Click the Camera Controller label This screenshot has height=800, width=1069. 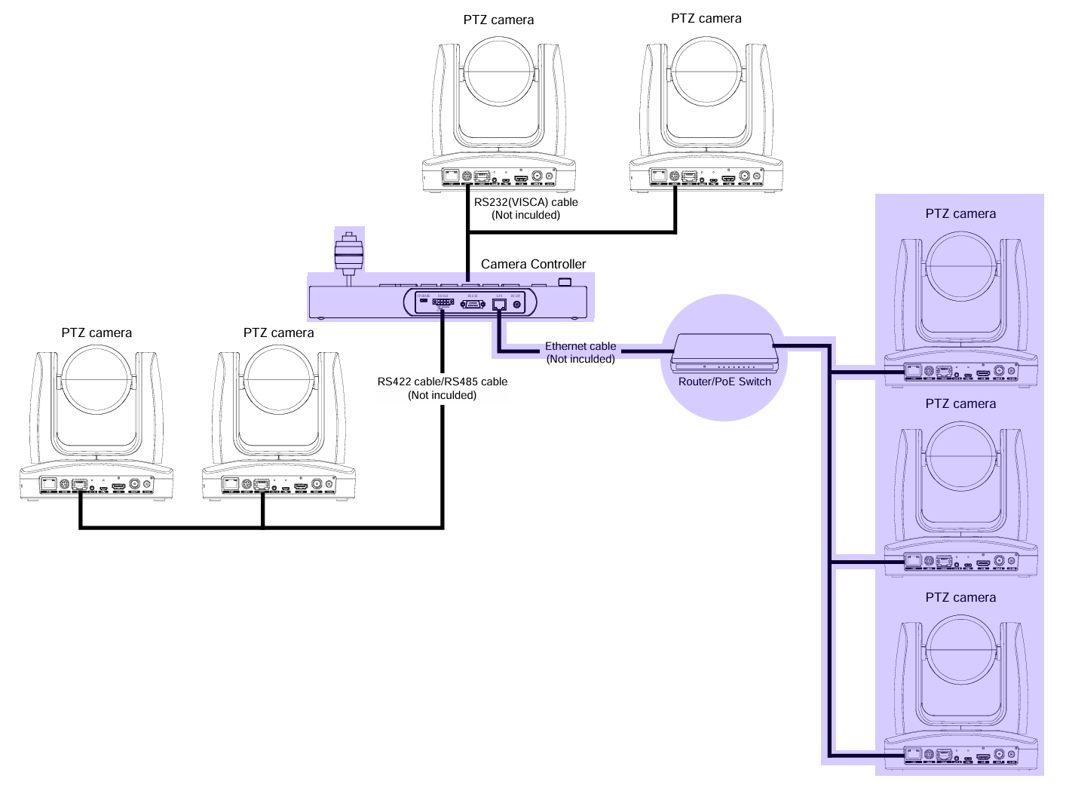533,264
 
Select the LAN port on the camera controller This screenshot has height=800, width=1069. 499,304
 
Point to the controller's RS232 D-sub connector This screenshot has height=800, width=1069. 473,304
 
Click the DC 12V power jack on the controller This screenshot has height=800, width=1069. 516,304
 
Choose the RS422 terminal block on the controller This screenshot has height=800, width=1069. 443,303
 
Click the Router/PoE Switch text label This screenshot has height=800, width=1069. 724,382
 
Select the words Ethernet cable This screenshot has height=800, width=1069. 580,346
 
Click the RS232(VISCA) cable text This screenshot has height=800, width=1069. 525,202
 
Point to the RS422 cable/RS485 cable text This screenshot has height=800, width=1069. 443,382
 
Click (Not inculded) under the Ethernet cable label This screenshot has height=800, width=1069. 580,359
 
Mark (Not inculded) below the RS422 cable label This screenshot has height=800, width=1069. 443,395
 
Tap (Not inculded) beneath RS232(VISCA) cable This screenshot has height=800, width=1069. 525,215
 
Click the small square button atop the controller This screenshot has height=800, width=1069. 565,282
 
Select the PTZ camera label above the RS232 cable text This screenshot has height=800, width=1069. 498,20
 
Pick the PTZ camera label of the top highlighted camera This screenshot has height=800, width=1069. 960,214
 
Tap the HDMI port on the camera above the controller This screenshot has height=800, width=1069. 521,179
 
